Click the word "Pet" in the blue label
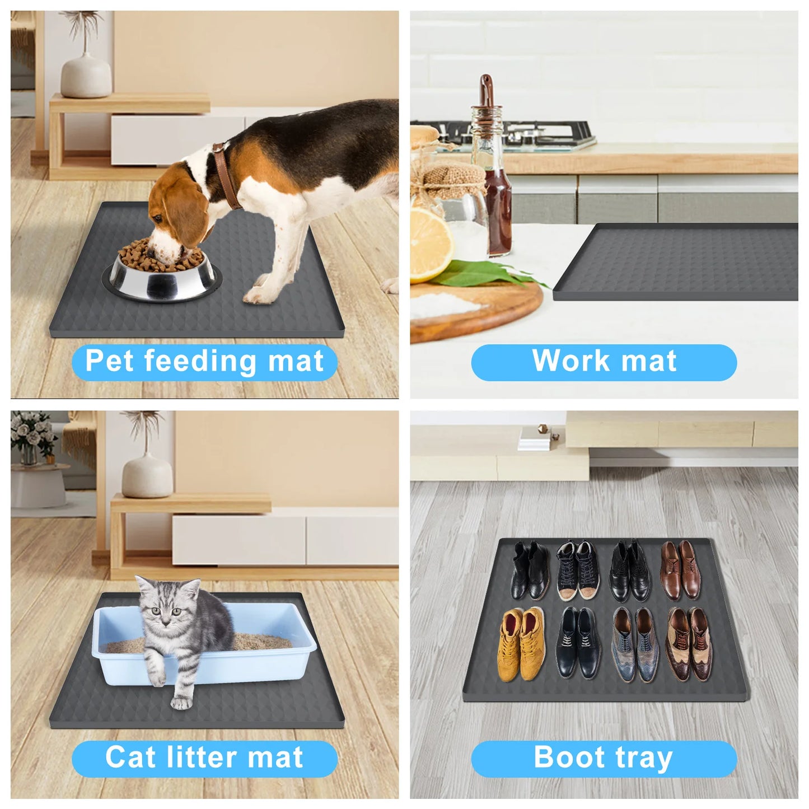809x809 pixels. click(110, 361)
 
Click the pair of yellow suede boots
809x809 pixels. click(521, 644)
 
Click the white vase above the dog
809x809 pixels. click(86, 75)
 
